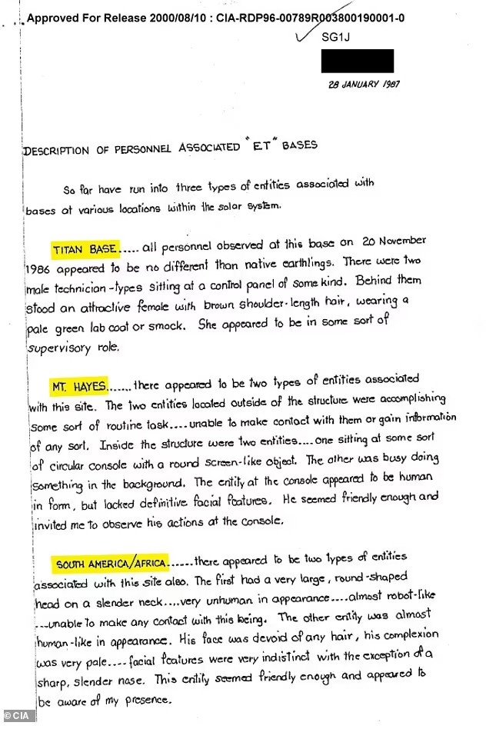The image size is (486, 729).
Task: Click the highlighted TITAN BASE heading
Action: click(85, 249)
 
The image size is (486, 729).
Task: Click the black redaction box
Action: click(357, 61)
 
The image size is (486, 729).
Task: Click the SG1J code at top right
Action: click(333, 37)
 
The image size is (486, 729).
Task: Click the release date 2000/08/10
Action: click(170, 16)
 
